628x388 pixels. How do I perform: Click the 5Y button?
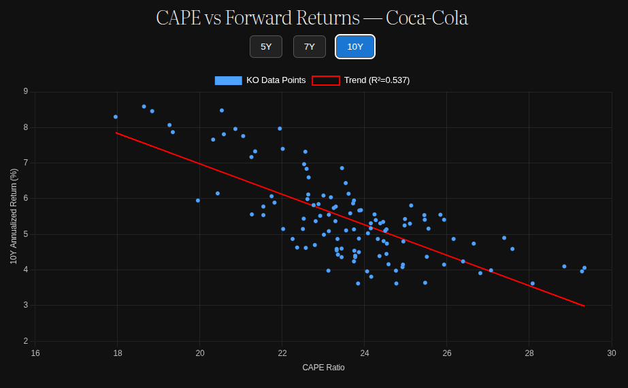(x=266, y=46)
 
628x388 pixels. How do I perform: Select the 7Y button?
(x=310, y=46)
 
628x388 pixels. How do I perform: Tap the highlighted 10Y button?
(x=355, y=46)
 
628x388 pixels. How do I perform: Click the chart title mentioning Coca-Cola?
(x=312, y=18)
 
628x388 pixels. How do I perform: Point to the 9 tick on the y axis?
(x=26, y=91)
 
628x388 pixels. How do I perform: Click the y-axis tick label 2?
(x=26, y=340)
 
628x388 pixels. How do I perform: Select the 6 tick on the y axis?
(x=26, y=198)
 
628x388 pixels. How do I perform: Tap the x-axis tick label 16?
(x=35, y=353)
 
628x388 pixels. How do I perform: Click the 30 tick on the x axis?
(x=612, y=353)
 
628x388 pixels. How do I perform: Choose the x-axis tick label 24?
(x=365, y=353)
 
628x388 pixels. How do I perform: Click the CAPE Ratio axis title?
(x=323, y=368)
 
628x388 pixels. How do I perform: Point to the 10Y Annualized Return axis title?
(x=14, y=216)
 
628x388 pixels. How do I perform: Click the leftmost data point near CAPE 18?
(x=116, y=117)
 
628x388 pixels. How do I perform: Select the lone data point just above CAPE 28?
(x=533, y=283)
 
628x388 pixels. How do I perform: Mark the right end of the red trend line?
(x=584, y=306)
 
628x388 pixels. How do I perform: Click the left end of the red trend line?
(x=117, y=133)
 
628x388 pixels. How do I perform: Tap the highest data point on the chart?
(x=144, y=107)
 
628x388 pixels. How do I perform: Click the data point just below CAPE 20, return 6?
(x=198, y=201)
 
